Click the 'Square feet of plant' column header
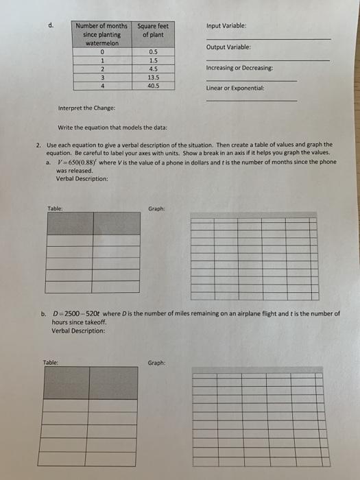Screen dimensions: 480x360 (152, 31)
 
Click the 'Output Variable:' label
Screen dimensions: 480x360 (226, 47)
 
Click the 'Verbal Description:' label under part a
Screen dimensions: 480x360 (82, 179)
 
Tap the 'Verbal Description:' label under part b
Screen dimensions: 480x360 (78, 331)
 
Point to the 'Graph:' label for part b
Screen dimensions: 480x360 (156, 363)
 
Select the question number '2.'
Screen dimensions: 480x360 (38, 145)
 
